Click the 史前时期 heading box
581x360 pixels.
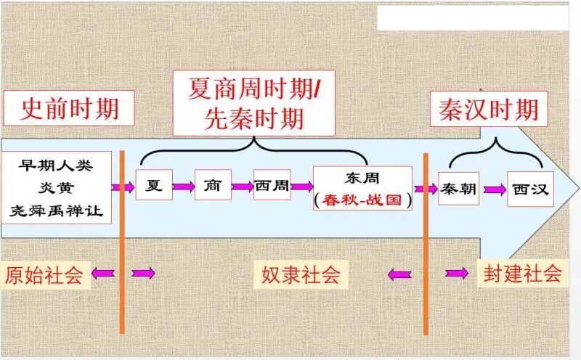coord(70,109)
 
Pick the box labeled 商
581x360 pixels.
coord(213,186)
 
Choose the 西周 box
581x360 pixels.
coord(272,186)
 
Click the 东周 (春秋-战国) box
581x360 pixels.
coord(362,188)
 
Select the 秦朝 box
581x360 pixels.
coord(458,189)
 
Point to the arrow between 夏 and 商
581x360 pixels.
coord(183,187)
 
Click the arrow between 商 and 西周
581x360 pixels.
coord(242,187)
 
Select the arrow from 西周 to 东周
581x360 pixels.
coord(301,187)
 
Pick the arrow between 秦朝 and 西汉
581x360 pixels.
coord(495,189)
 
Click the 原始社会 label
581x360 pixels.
coord(44,274)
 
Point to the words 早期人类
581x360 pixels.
coord(57,163)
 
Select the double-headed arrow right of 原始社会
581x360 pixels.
coord(142,274)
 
